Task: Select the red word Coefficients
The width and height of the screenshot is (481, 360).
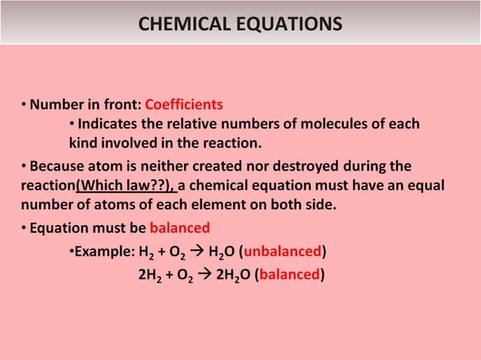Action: tap(184, 104)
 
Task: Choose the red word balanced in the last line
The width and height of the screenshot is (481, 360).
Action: tap(290, 274)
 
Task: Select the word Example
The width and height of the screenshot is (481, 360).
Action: tap(101, 251)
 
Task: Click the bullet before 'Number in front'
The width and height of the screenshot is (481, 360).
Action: tap(24, 104)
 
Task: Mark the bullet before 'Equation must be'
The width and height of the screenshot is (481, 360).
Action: tap(24, 227)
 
